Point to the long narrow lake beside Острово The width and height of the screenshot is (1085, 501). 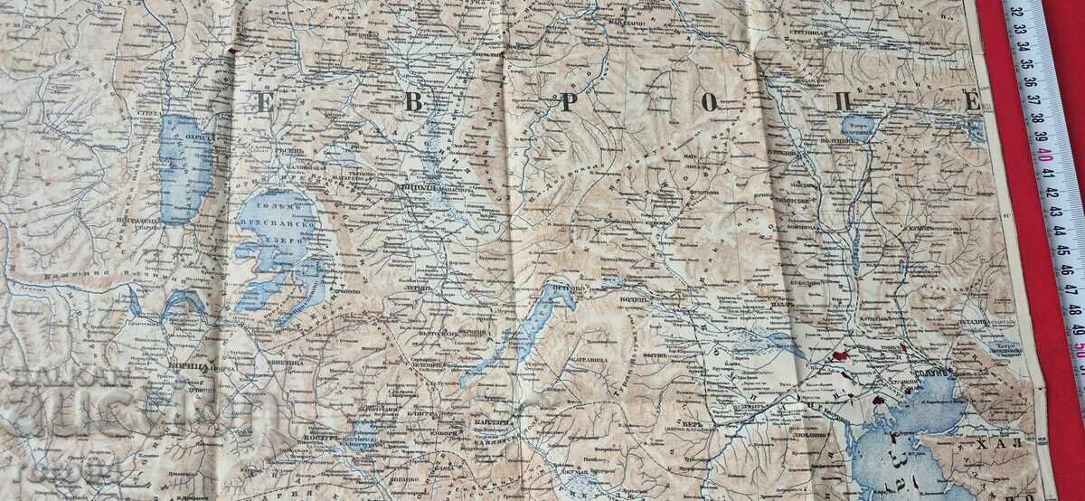(x=534, y=330)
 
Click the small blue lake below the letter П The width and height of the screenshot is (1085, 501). (x=857, y=127)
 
